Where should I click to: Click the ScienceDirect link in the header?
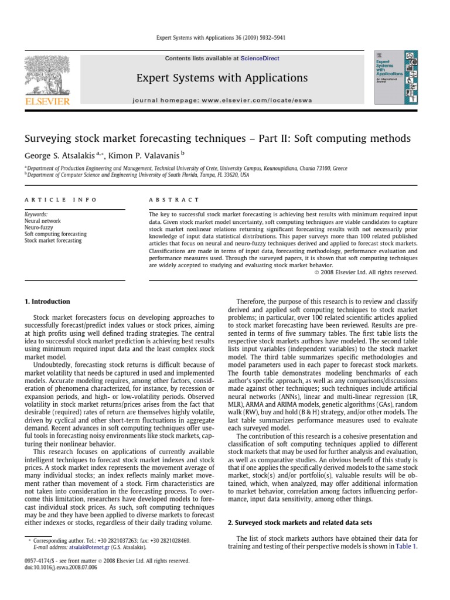pyautogui.click(x=260, y=59)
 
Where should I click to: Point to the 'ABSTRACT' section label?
pyautogui.click(x=175, y=200)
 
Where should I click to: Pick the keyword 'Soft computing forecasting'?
pyautogui.click(x=55, y=234)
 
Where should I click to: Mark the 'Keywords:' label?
pyautogui.click(x=36, y=215)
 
